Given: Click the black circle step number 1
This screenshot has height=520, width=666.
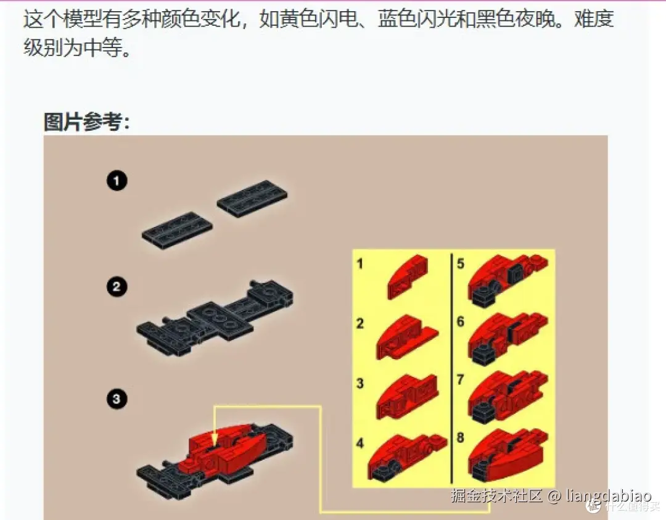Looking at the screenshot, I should click(x=117, y=181).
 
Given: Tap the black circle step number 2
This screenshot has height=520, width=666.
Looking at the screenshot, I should click(x=117, y=287).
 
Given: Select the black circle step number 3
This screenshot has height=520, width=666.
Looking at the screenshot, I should click(x=117, y=400).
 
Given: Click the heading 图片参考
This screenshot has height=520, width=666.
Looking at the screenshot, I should click(x=86, y=122).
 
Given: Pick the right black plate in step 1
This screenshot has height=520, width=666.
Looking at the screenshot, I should click(x=252, y=199).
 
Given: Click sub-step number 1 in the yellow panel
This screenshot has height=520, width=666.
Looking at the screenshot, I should click(x=360, y=265).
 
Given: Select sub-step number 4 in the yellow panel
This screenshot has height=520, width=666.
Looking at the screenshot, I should click(x=360, y=442).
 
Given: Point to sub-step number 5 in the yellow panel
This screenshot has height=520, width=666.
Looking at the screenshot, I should click(x=460, y=265).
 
